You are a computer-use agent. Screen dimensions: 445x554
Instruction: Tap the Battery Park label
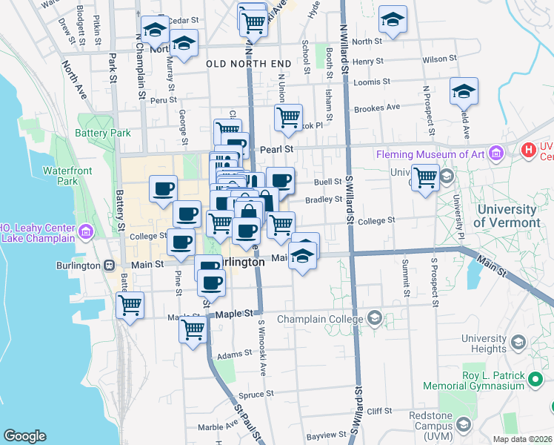pyautogui.click(x=102, y=133)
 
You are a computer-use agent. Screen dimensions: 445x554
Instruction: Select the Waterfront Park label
pyautogui.click(x=60, y=176)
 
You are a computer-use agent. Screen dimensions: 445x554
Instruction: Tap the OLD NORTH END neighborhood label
pyautogui.click(x=248, y=65)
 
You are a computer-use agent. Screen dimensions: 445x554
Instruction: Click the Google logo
pyautogui.click(x=24, y=436)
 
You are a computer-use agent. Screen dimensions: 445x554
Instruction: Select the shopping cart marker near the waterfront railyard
pyautogui.click(x=130, y=305)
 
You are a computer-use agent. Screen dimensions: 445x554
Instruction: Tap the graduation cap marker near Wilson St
pyautogui.click(x=393, y=20)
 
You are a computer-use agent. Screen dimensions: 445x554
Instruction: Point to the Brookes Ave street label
pyautogui.click(x=377, y=108)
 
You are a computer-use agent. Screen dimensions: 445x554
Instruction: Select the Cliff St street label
pyautogui.click(x=378, y=410)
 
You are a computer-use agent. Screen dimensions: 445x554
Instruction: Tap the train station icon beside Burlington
pyautogui.click(x=109, y=265)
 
